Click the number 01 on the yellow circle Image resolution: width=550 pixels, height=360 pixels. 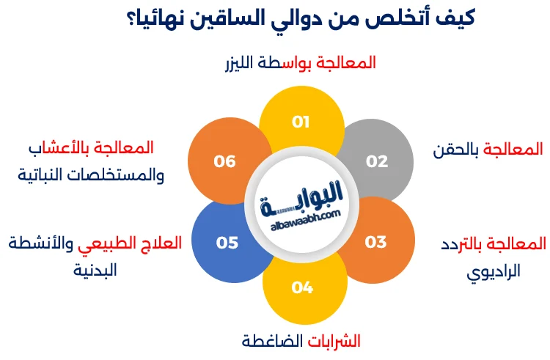pyautogui.click(x=301, y=122)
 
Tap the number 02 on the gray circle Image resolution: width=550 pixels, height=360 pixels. pyautogui.click(x=377, y=161)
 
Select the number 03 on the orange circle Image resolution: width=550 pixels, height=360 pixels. pyautogui.click(x=375, y=242)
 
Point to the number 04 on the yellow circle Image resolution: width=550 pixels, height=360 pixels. pyautogui.click(x=302, y=287)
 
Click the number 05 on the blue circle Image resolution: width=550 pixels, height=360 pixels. pyautogui.click(x=227, y=242)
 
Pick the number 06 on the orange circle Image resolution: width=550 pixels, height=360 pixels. pyautogui.click(x=225, y=161)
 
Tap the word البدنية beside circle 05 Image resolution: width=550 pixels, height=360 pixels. pyautogui.click(x=95, y=271)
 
